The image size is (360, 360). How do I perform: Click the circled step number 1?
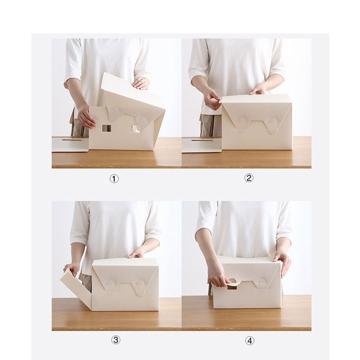(114, 179)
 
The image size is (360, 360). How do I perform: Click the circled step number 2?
(249, 178)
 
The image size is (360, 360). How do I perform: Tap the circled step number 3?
(116, 340)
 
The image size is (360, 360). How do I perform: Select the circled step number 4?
(249, 341)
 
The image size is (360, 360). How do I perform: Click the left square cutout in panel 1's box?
(107, 128)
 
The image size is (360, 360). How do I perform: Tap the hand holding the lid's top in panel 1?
(141, 83)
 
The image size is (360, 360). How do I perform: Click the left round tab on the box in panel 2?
(241, 122)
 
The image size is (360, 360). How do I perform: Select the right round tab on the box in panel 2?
(273, 124)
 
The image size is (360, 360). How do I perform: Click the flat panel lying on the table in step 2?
(201, 144)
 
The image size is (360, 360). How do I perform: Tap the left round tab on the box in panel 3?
(110, 285)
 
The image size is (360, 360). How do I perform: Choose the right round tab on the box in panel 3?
(140, 286)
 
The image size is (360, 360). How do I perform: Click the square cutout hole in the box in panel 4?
(232, 286)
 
